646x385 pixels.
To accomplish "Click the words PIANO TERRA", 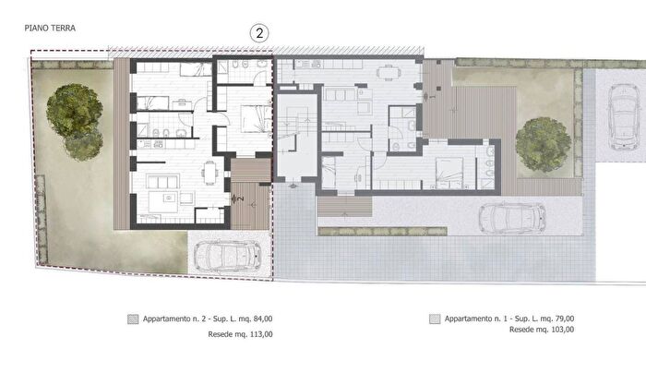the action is click(x=50, y=28).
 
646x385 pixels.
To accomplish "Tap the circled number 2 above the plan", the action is click(x=259, y=33).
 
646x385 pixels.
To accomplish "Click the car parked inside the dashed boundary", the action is click(x=227, y=257).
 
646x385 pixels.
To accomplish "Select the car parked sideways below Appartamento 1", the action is click(x=512, y=219).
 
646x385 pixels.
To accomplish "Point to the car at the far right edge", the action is click(x=625, y=116).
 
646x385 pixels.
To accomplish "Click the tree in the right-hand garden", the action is click(x=544, y=144).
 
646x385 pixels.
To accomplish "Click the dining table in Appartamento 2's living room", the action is click(x=210, y=174).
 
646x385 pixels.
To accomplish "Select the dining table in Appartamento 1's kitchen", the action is click(x=389, y=73).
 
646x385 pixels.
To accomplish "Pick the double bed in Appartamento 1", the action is click(x=449, y=174).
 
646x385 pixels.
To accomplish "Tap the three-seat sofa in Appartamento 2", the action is click(x=163, y=181).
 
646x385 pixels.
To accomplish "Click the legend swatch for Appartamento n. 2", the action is click(x=133, y=319).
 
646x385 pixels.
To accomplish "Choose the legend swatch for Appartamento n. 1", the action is click(x=435, y=319).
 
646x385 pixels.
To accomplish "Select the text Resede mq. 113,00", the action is click(x=240, y=334).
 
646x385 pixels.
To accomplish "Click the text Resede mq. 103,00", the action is click(x=542, y=330).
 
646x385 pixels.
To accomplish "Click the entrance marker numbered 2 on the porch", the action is click(x=237, y=199).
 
